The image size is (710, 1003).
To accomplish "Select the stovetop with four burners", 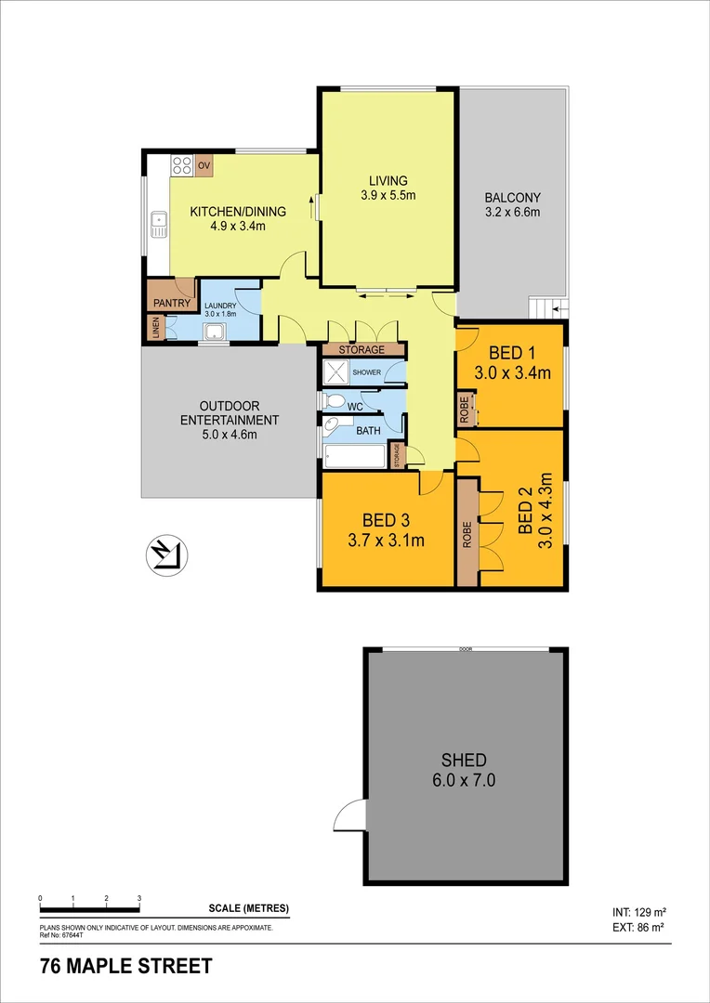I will pyautogui.click(x=181, y=166).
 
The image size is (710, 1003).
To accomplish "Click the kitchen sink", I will pyautogui.click(x=158, y=224).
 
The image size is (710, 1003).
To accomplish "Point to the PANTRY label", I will pyautogui.click(x=172, y=303).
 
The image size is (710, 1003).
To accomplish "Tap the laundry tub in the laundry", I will pyautogui.click(x=215, y=333).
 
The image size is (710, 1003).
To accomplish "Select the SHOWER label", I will pyautogui.click(x=366, y=371).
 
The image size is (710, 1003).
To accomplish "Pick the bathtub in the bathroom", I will pyautogui.click(x=354, y=457).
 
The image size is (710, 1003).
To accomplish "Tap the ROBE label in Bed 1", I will pyautogui.click(x=464, y=409).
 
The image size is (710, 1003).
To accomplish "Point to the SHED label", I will pyautogui.click(x=465, y=760).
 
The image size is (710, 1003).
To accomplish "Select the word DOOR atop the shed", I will pyautogui.click(x=465, y=649).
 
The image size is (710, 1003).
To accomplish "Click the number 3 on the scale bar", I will pyautogui.click(x=138, y=899).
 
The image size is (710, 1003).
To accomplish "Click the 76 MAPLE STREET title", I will pyautogui.click(x=125, y=967).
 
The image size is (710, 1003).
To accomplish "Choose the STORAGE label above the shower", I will pyautogui.click(x=362, y=350).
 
